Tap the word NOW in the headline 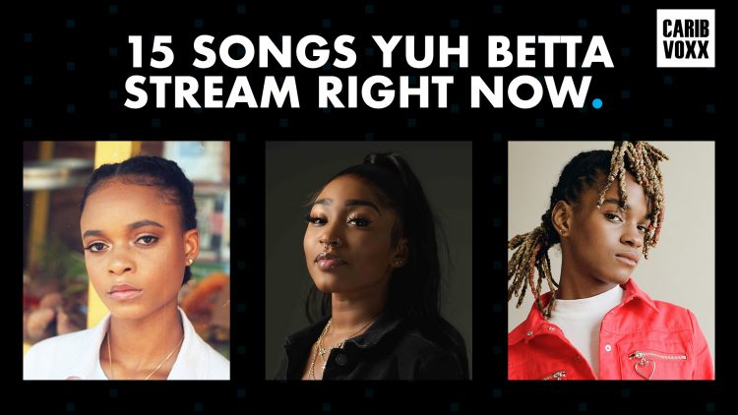[535, 94]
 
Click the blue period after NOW [596, 103]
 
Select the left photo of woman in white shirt [126, 261]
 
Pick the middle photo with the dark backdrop [368, 261]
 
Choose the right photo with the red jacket [610, 261]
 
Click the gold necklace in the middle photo [325, 339]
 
